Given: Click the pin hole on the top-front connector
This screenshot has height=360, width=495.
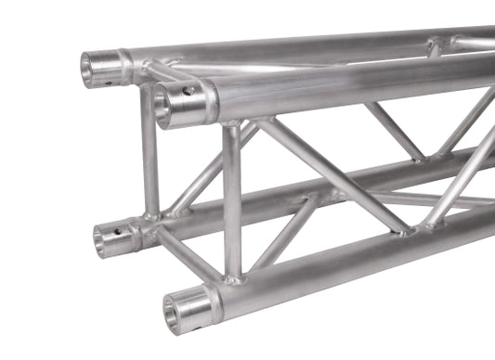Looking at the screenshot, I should pos(189,91).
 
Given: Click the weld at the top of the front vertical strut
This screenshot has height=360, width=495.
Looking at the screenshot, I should pos(230,124).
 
